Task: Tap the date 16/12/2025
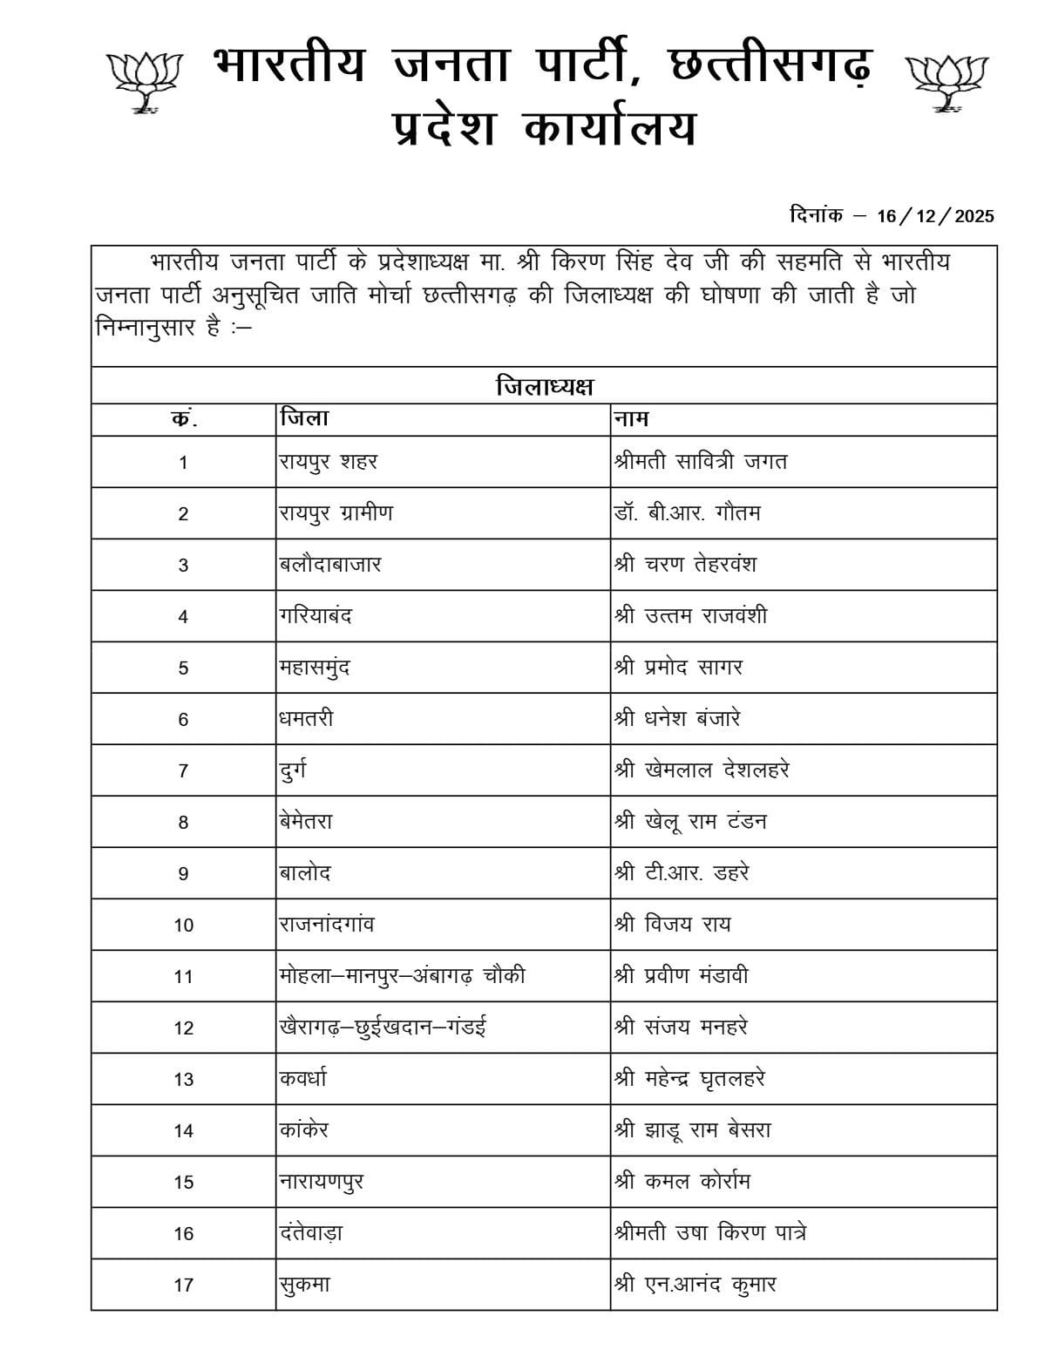click(935, 217)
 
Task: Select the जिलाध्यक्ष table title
click(544, 386)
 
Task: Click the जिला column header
click(304, 419)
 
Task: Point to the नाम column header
click(631, 419)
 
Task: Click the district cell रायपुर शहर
click(329, 462)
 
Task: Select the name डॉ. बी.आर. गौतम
click(687, 513)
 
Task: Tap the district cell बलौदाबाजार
click(330, 565)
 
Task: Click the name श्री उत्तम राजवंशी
click(690, 616)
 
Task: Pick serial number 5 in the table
click(183, 668)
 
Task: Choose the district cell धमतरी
click(306, 719)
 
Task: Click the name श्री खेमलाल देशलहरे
click(702, 770)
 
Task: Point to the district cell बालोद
click(305, 873)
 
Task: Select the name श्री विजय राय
click(672, 925)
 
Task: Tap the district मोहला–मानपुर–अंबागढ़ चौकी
click(402, 976)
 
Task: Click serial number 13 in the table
click(183, 1080)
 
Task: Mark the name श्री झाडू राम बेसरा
click(692, 1130)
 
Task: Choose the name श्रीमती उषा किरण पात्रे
click(709, 1233)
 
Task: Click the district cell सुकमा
click(304, 1285)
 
